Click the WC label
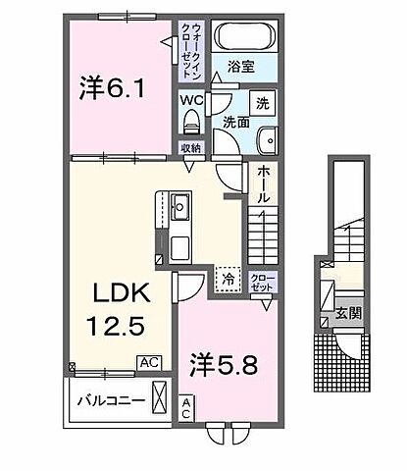(191, 99)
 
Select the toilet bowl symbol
(192, 123)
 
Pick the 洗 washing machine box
(262, 102)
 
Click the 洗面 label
(234, 122)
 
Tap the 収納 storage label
(190, 147)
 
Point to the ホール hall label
(264, 183)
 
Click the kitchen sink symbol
(180, 208)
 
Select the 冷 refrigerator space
(228, 279)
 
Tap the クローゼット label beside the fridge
(262, 283)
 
